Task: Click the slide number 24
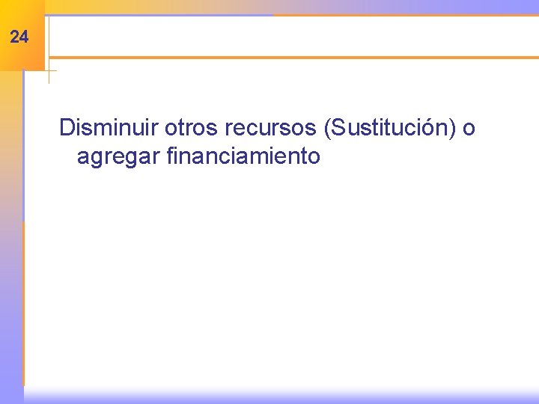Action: click(20, 37)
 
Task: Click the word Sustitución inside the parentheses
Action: click(389, 129)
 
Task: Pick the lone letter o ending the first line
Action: click(469, 129)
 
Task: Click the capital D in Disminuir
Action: click(67, 128)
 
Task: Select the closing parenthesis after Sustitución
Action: click(453, 129)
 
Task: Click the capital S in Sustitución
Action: click(337, 128)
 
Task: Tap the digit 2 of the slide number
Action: click(16, 37)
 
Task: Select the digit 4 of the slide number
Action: click(25, 37)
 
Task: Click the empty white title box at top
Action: click(292, 36)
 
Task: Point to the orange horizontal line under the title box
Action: click(292, 57)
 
